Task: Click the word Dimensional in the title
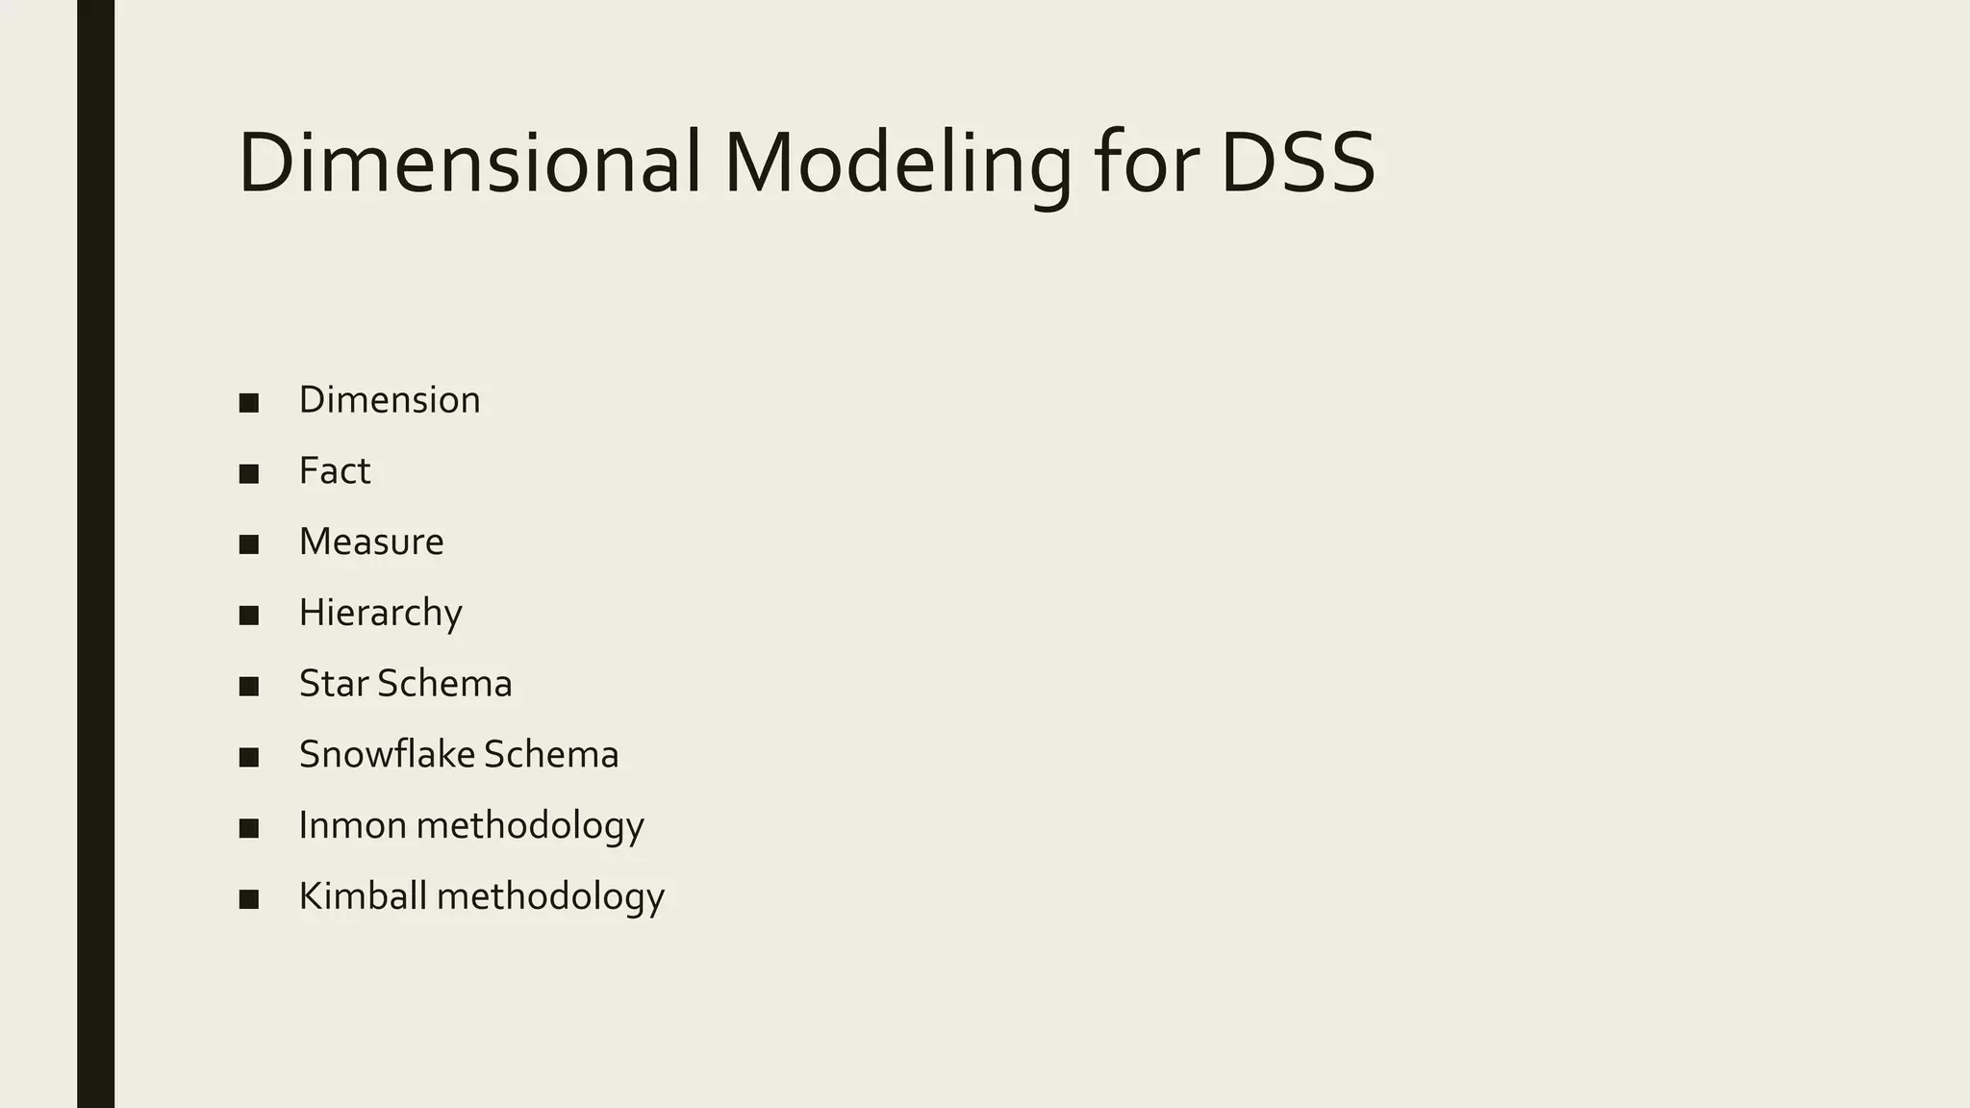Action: (468, 164)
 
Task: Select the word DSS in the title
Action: (1298, 164)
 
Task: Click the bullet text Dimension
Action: (390, 400)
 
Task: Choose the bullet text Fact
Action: (334, 471)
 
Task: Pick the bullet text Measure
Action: (371, 542)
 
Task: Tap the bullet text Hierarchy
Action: (380, 614)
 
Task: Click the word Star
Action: (334, 684)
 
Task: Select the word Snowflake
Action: (387, 755)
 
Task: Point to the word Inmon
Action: (352, 825)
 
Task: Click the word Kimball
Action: (363, 896)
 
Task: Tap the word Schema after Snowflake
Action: (551, 755)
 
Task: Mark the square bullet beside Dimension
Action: (249, 403)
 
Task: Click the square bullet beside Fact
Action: (249, 474)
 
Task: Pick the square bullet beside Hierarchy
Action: (249, 616)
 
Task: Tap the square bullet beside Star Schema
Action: (249, 687)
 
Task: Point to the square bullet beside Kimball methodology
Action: (249, 899)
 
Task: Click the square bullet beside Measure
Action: (249, 544)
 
